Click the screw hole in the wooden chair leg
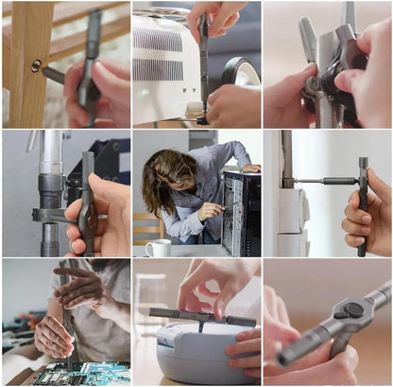click(36, 65)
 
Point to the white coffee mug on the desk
click(158, 248)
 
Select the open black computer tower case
click(240, 213)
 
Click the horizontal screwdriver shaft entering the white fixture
click(326, 180)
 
